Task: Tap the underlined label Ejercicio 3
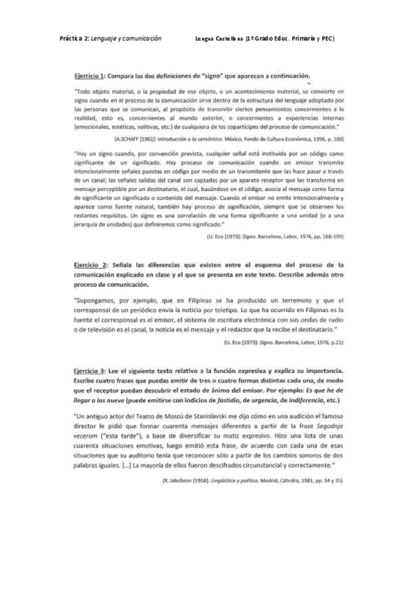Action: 89,365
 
